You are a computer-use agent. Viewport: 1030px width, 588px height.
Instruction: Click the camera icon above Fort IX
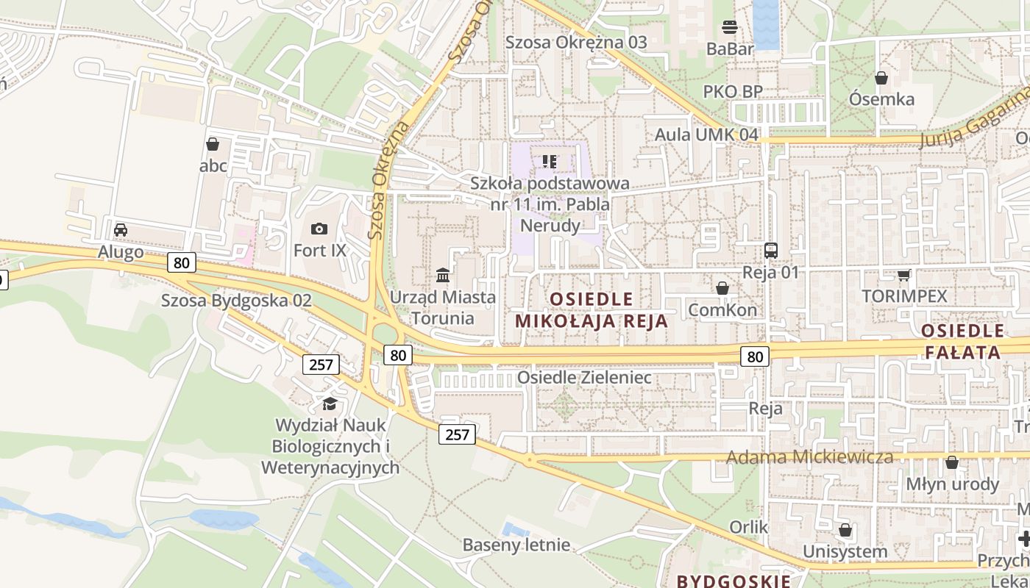pyautogui.click(x=319, y=229)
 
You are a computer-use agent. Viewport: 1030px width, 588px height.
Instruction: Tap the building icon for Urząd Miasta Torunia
pyautogui.click(x=443, y=275)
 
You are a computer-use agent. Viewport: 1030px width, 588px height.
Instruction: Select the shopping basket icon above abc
pyautogui.click(x=213, y=144)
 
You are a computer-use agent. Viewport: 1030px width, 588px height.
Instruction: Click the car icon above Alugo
pyautogui.click(x=121, y=230)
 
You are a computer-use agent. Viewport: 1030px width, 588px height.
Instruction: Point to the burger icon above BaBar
pyautogui.click(x=730, y=27)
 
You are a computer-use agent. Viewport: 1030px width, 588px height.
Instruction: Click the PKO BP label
pyautogui.click(x=732, y=92)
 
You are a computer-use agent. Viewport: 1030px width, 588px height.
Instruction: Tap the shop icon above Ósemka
pyautogui.click(x=881, y=77)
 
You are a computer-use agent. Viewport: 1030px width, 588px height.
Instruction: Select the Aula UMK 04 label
pyautogui.click(x=706, y=135)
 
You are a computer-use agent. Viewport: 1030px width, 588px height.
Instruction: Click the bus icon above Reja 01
pyautogui.click(x=770, y=250)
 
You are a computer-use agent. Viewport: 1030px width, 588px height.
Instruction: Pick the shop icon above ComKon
pyautogui.click(x=722, y=288)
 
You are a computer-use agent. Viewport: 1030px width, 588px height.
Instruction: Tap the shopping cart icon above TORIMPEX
pyautogui.click(x=903, y=275)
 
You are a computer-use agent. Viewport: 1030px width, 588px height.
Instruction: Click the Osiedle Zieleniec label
pyautogui.click(x=584, y=377)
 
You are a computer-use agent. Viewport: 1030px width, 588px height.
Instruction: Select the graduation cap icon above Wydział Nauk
pyautogui.click(x=330, y=404)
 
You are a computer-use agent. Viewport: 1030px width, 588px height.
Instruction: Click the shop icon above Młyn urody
pyautogui.click(x=952, y=462)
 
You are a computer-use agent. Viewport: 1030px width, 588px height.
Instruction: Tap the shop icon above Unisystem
pyautogui.click(x=845, y=530)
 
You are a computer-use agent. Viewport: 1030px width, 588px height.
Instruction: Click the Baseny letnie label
pyautogui.click(x=516, y=545)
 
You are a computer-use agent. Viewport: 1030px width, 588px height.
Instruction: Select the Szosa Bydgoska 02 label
pyautogui.click(x=236, y=301)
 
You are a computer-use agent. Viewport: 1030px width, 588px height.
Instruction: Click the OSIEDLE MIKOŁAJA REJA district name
pyautogui.click(x=592, y=309)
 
